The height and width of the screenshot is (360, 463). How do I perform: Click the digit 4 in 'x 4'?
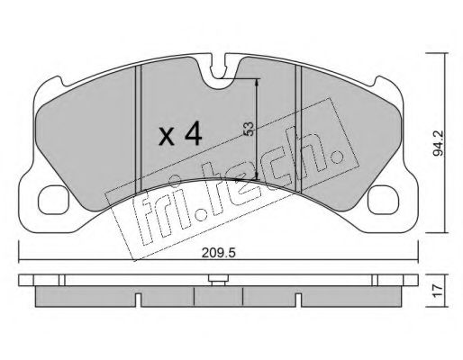(192, 135)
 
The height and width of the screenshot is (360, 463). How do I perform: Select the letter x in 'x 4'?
(166, 137)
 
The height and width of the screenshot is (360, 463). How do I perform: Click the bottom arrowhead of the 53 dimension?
(259, 177)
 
